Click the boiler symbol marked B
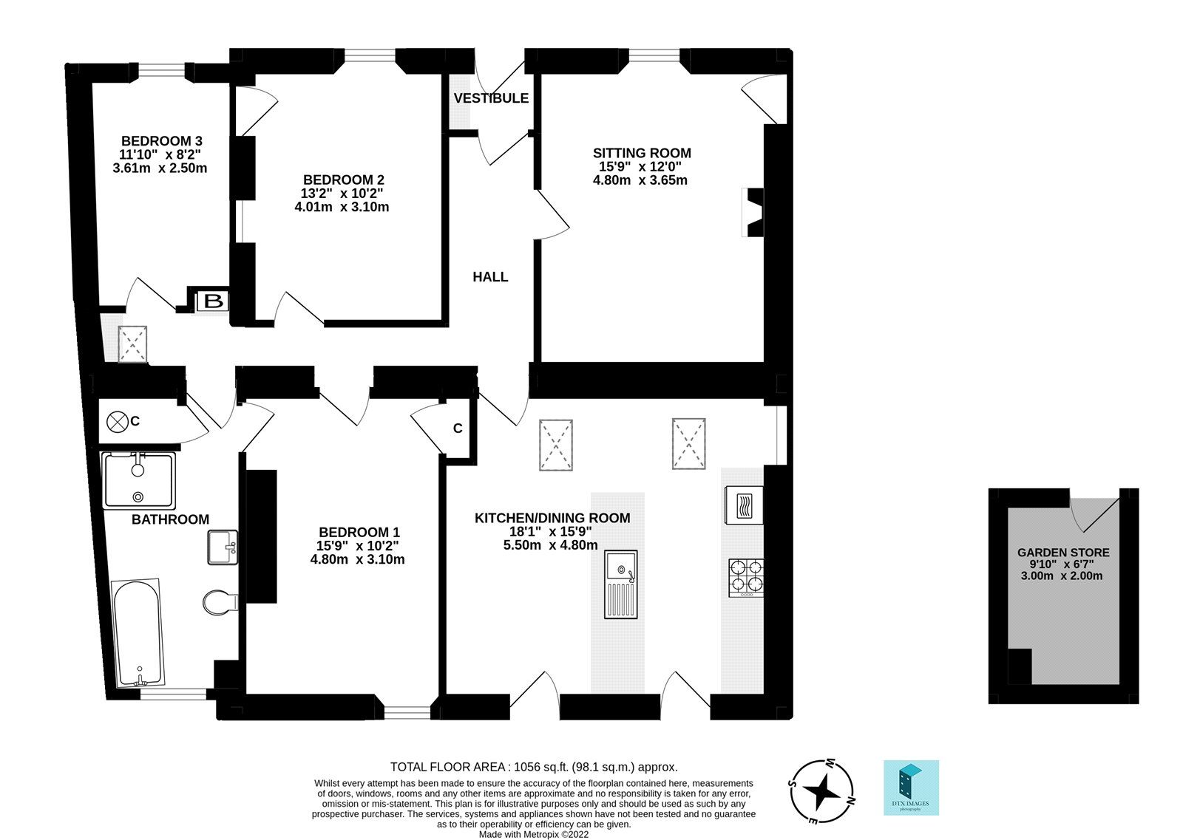click(213, 301)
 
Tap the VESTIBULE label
click(491, 98)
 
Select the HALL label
click(490, 277)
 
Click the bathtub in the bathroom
click(138, 633)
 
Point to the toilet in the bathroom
click(220, 602)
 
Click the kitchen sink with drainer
click(620, 584)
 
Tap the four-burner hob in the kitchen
click(745, 578)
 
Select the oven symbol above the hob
click(744, 505)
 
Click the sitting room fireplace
click(753, 213)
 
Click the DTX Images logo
click(911, 788)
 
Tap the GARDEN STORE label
click(1062, 552)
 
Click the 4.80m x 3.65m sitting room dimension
click(640, 180)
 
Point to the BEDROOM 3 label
click(161, 141)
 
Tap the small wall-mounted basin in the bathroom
click(222, 547)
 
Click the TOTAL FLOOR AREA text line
click(533, 767)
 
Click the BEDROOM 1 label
click(359, 532)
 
